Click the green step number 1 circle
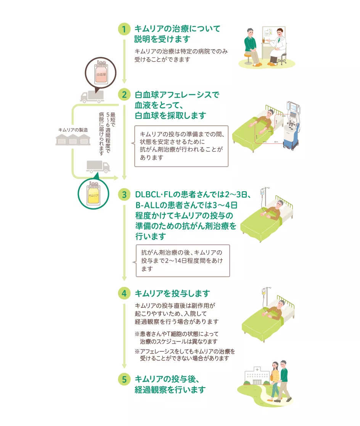pos(124,29)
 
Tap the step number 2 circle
pos(124,94)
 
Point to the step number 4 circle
pos(124,293)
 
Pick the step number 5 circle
pos(124,379)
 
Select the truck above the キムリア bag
pos(98,166)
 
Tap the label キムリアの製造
pos(73,130)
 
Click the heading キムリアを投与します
pos(173,293)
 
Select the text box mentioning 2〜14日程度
pos(183,260)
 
